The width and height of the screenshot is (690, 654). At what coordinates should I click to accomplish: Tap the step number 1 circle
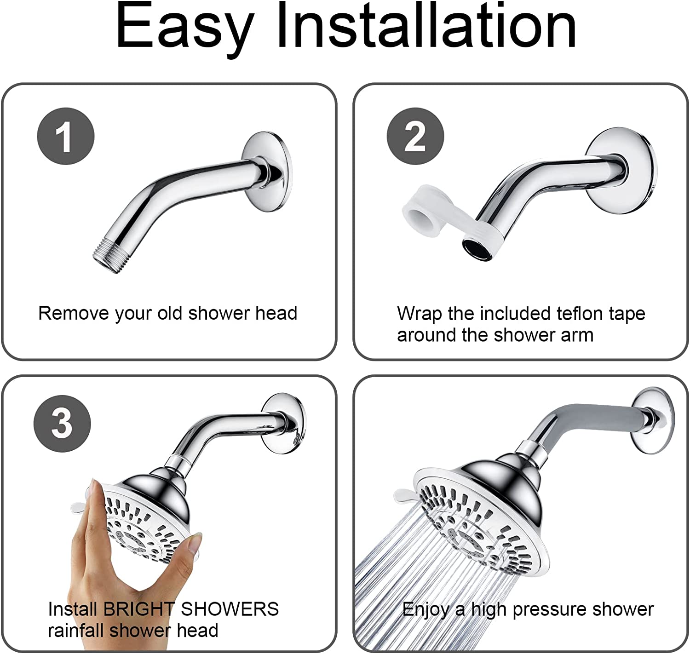[65, 136]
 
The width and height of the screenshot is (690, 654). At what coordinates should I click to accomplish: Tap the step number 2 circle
[415, 136]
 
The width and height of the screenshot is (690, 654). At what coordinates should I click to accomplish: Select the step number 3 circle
[62, 423]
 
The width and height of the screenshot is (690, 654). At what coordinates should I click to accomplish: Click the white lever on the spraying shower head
[405, 495]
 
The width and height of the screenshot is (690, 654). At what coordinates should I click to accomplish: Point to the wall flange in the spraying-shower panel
[653, 419]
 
